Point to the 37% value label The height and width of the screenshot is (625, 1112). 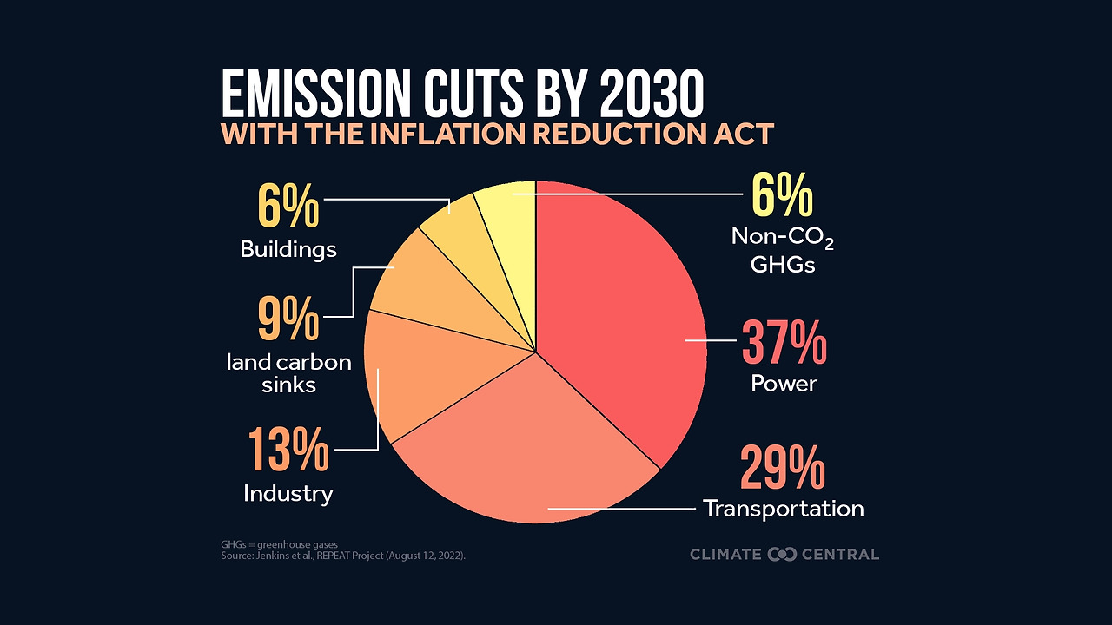point(783,343)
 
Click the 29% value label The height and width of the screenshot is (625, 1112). point(783,469)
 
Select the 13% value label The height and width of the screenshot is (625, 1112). point(288,450)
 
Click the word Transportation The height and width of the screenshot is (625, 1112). point(783,509)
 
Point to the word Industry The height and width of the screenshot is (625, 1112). point(288,494)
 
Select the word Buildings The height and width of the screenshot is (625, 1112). point(288,250)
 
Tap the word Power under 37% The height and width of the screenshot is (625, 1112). point(784,384)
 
